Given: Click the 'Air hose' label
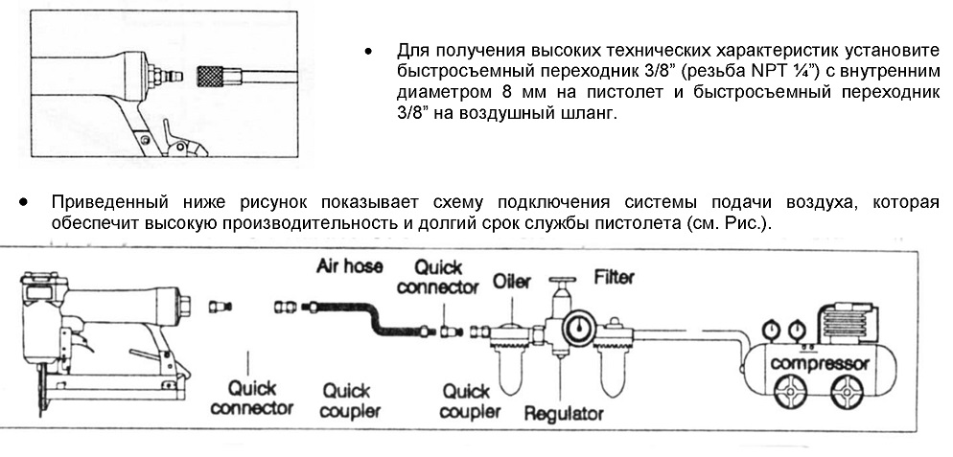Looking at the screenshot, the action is [350, 266].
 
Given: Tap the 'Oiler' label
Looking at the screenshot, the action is [511, 282].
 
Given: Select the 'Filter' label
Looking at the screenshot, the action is [614, 277].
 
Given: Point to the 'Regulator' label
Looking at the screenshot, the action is [564, 413].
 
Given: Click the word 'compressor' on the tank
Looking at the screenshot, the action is [820, 365].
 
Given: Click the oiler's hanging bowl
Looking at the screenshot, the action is [512, 372].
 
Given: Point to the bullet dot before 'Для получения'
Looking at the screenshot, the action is [368, 51].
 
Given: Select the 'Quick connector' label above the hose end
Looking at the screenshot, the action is [437, 277].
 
